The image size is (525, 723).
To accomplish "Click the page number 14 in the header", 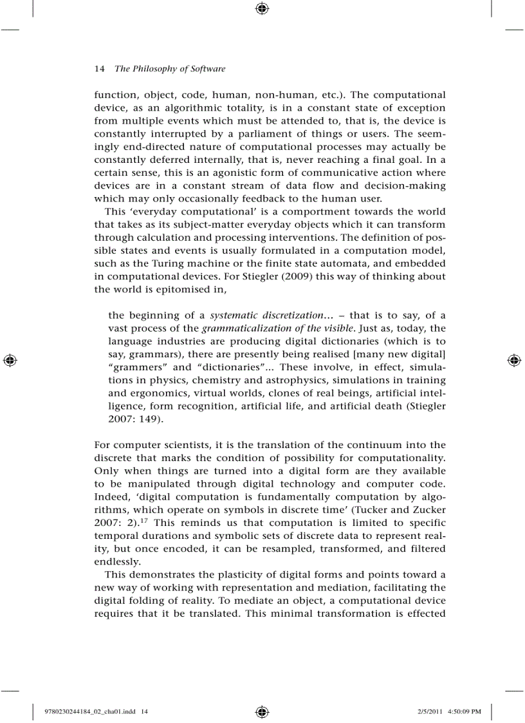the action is point(99,69).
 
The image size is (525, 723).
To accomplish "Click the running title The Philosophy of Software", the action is point(170,69).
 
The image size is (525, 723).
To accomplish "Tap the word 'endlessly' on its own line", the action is point(116,561).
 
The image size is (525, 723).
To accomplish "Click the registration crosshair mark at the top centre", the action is point(262,9).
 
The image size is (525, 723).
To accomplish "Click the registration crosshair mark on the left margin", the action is point(9,360).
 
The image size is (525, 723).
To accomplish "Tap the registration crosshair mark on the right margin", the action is point(515,360).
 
